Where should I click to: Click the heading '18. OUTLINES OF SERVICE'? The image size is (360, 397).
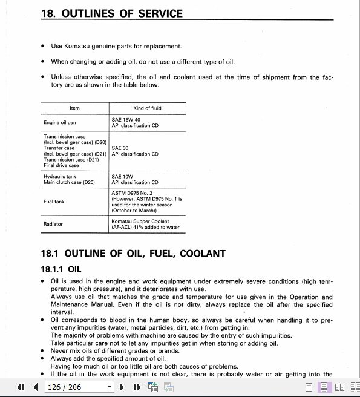(111, 13)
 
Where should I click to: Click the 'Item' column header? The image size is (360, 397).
(74, 108)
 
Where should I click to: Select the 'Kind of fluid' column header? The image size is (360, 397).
(147, 108)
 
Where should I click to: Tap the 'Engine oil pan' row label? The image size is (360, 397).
(60, 123)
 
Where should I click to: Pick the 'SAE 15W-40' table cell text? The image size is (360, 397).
(126, 120)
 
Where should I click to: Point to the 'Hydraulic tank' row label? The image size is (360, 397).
(59, 176)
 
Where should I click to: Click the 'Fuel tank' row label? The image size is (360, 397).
(54, 202)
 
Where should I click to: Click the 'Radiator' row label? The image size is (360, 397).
(53, 224)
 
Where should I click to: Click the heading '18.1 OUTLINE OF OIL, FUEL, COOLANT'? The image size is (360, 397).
(133, 253)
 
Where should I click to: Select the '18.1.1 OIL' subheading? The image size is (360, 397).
(61, 269)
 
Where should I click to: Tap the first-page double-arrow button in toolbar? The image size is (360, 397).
(21, 387)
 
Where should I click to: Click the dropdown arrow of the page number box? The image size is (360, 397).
(110, 387)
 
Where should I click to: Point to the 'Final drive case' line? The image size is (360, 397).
(61, 165)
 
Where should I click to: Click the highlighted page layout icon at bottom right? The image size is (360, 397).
(324, 387)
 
